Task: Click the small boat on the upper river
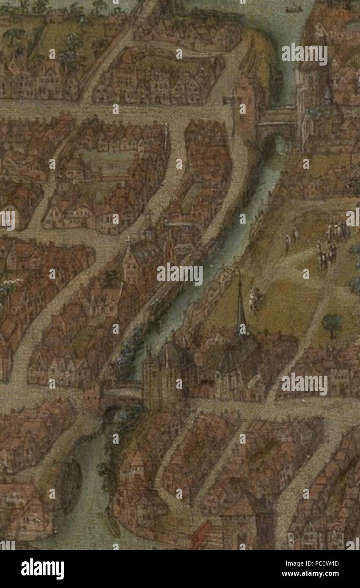(x=294, y=8)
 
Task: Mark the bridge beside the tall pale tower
(x=278, y=117)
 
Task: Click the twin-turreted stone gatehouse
(x=161, y=379)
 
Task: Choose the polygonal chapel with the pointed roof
(x=229, y=376)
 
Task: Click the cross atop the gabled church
(x=128, y=240)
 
